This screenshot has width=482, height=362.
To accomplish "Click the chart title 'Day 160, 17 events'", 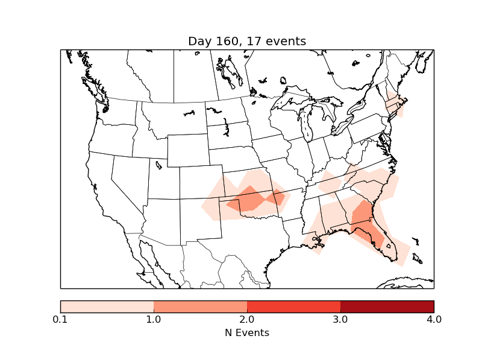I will coord(247,41).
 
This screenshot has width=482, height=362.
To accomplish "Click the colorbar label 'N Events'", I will coord(247,332).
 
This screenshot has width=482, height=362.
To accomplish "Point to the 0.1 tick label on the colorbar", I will coord(60,319).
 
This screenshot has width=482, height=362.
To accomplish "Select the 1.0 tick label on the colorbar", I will coord(154,319).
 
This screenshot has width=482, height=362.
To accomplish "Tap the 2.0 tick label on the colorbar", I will coord(247,319).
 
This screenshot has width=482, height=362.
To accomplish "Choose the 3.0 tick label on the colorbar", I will coord(340,319).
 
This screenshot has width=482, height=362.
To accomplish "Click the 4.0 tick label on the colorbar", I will coord(434,319).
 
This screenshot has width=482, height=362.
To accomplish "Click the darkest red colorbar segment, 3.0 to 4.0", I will coord(387,306).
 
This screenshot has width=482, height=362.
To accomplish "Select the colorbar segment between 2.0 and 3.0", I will coord(293,306).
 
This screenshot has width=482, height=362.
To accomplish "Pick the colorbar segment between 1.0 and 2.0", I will coord(200,306).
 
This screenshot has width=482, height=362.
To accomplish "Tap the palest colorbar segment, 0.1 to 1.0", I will coord(107,306).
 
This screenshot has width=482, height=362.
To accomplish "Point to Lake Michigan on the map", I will coord(305,124).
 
